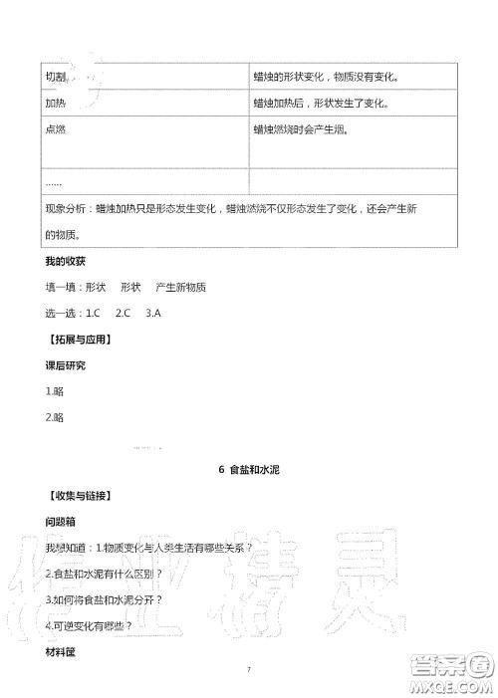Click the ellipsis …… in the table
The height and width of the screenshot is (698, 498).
(54, 181)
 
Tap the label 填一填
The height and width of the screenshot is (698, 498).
(62, 287)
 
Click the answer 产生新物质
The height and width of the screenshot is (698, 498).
(181, 287)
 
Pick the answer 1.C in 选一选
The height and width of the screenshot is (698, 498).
(95, 313)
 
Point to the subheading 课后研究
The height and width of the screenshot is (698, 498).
(66, 365)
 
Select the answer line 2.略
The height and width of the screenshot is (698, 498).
(55, 417)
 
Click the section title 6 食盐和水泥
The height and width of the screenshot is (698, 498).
(248, 470)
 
